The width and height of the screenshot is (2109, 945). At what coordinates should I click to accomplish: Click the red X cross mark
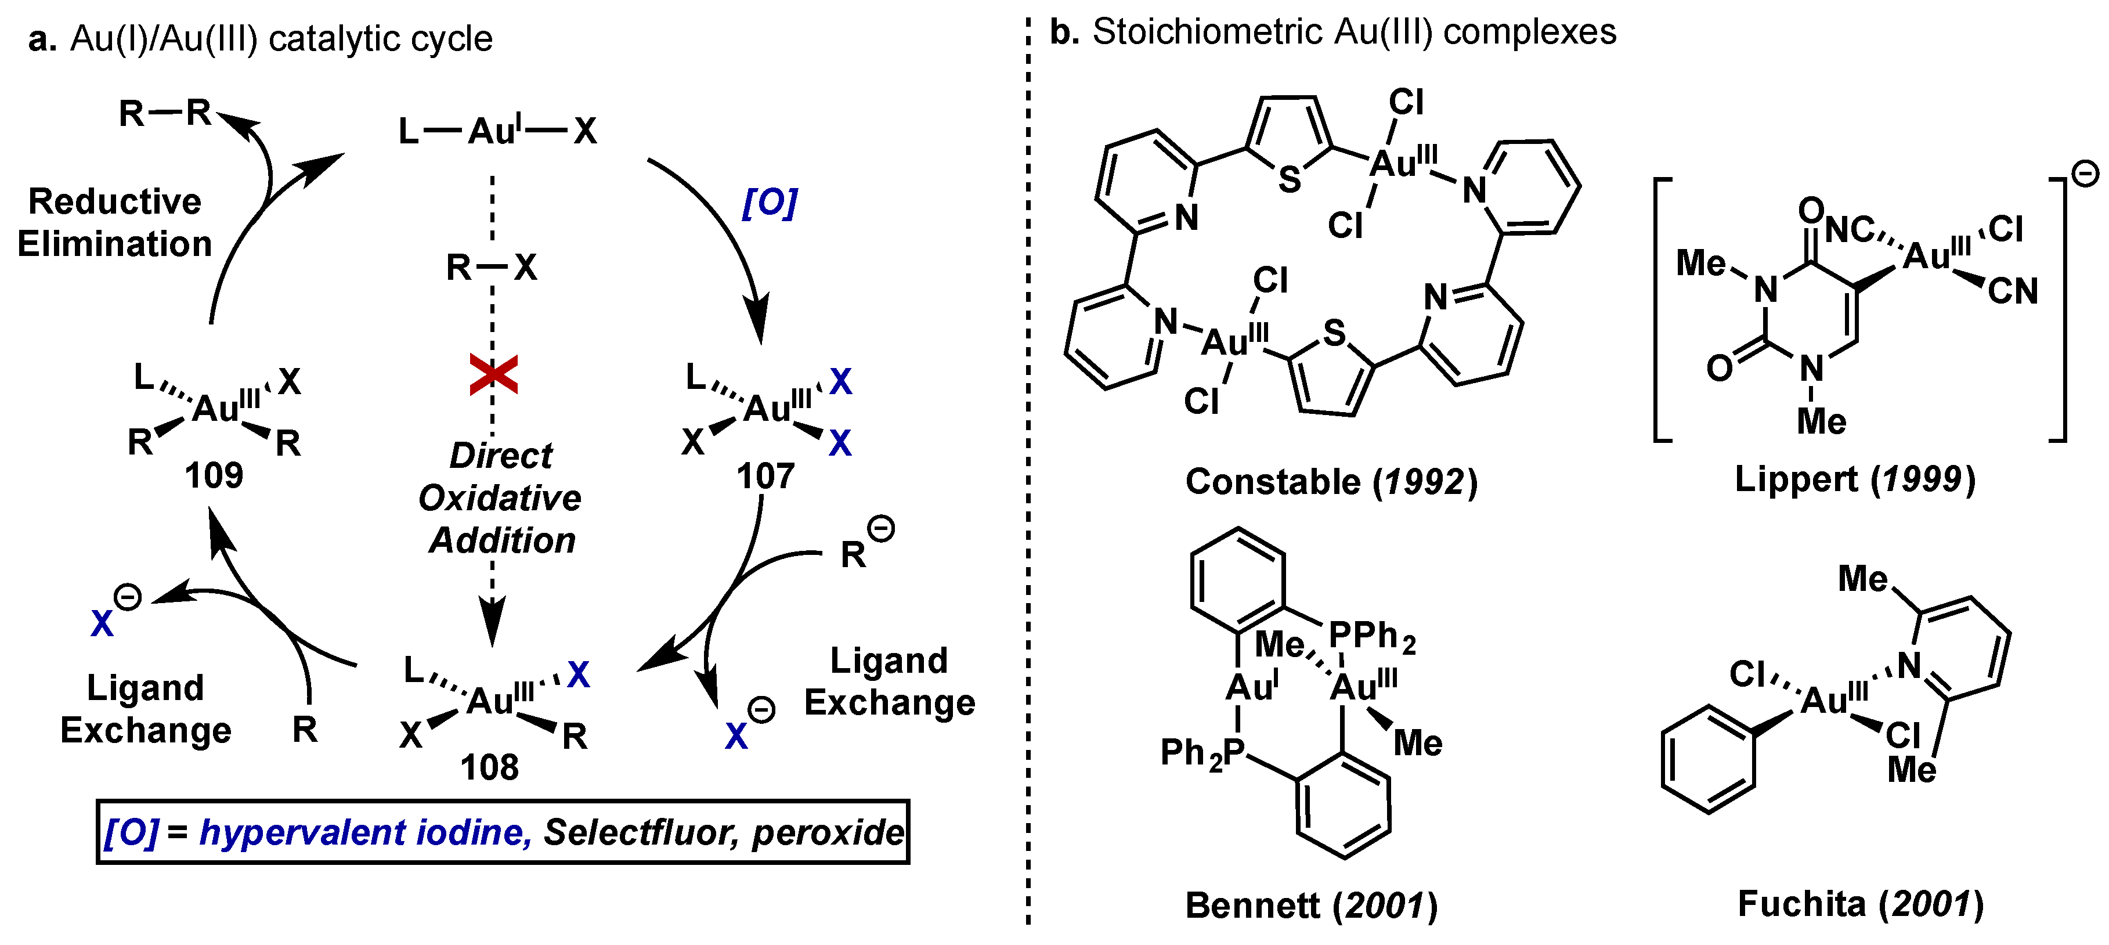pos(493,375)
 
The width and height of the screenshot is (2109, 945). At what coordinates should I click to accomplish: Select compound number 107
pos(765,476)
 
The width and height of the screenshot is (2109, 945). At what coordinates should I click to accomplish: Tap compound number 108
pos(490,767)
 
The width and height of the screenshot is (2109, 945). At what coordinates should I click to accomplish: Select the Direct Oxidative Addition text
pos(500,498)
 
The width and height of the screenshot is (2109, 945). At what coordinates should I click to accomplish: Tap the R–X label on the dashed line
pos(491,267)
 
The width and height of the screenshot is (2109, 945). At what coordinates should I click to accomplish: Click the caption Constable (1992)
pos(1331,482)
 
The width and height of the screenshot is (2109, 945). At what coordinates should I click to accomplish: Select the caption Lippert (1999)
pos(1854,479)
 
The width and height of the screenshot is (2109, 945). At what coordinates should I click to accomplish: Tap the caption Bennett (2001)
pos(1311,906)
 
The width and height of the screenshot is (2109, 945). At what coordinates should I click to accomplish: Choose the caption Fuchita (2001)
pos(1860,904)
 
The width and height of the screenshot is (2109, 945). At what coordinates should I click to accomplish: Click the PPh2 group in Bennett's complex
pos(1371,636)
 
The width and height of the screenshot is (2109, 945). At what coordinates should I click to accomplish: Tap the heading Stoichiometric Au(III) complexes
pos(1353,33)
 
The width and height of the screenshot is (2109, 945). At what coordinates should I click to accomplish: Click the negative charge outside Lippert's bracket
pos(2085,174)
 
